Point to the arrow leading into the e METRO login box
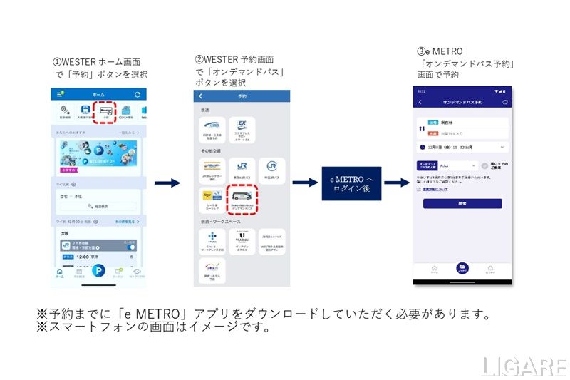pyautogui.click(x=304, y=183)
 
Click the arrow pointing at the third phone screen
pyautogui.click(x=396, y=183)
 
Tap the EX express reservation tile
pyautogui.click(x=242, y=130)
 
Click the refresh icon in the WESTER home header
pyautogui.click(x=137, y=95)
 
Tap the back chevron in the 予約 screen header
pyautogui.click(x=201, y=96)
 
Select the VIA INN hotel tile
pyautogui.click(x=242, y=238)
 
